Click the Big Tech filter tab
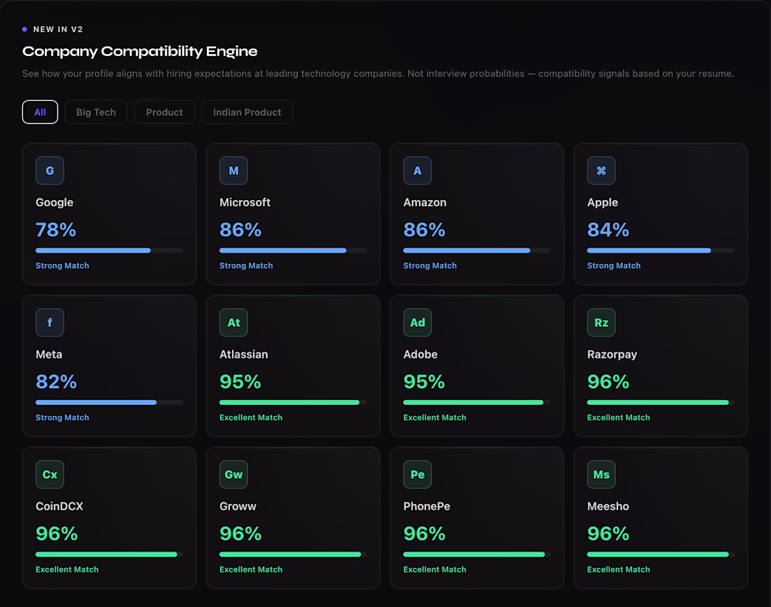pyautogui.click(x=96, y=112)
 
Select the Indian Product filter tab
pyautogui.click(x=247, y=112)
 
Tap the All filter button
pyautogui.click(x=40, y=112)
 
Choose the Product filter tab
pyautogui.click(x=164, y=112)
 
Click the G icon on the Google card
pyautogui.click(x=50, y=171)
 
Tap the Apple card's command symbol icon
pyautogui.click(x=601, y=171)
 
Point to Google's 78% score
pyautogui.click(x=55, y=230)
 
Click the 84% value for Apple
pyautogui.click(x=608, y=230)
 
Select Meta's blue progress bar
pyautogui.click(x=96, y=402)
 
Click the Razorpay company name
pyautogui.click(x=612, y=354)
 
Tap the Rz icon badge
pyautogui.click(x=601, y=323)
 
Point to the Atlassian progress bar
pyautogui.click(x=289, y=402)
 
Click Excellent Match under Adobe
pyautogui.click(x=435, y=418)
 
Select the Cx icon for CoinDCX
pyautogui.click(x=50, y=474)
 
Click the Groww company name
pyautogui.click(x=238, y=506)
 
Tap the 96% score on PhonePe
pyautogui.click(x=424, y=533)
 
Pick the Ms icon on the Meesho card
pyautogui.click(x=601, y=474)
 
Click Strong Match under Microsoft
pyautogui.click(x=246, y=266)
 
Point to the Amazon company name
pyautogui.click(x=425, y=202)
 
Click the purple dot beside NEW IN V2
pyautogui.click(x=25, y=29)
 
